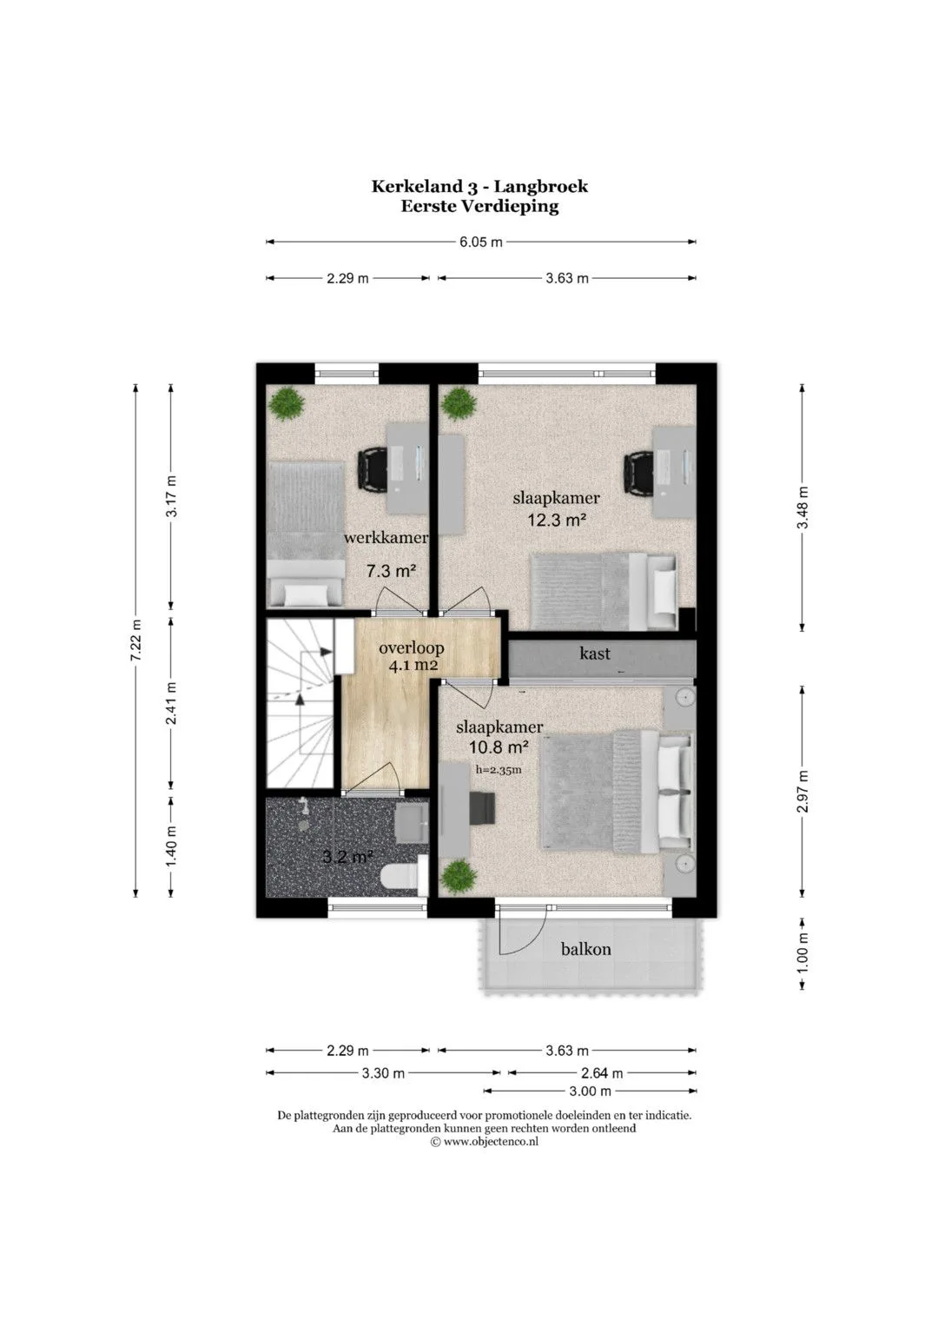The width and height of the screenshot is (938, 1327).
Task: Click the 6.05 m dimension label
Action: pyautogui.click(x=481, y=242)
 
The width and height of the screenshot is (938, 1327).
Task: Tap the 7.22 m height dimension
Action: pyautogui.click(x=137, y=640)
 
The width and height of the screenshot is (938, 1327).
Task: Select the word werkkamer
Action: pyautogui.click(x=386, y=537)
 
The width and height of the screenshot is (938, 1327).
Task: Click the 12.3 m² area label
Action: pyautogui.click(x=557, y=521)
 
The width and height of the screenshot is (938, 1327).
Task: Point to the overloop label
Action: pyautogui.click(x=412, y=647)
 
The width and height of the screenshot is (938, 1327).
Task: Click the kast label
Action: pyautogui.click(x=595, y=654)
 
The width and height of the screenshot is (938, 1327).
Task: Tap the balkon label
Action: pyautogui.click(x=585, y=949)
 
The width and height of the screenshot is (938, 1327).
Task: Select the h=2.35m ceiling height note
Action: pyautogui.click(x=499, y=770)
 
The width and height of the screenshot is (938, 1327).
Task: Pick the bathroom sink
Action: pyautogui.click(x=412, y=823)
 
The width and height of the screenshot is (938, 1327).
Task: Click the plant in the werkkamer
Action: pyautogui.click(x=287, y=403)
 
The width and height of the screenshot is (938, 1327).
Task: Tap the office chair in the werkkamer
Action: pyautogui.click(x=373, y=468)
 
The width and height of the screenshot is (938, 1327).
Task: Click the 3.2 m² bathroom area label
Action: pyautogui.click(x=347, y=856)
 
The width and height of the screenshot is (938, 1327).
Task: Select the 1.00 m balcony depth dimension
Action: pyautogui.click(x=803, y=954)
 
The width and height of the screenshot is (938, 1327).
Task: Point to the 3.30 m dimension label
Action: pyautogui.click(x=383, y=1073)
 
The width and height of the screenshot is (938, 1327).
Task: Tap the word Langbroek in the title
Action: pyautogui.click(x=540, y=186)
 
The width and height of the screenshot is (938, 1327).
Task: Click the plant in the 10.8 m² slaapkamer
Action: pyautogui.click(x=459, y=876)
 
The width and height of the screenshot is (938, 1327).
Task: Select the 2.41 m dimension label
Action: pyautogui.click(x=172, y=703)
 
